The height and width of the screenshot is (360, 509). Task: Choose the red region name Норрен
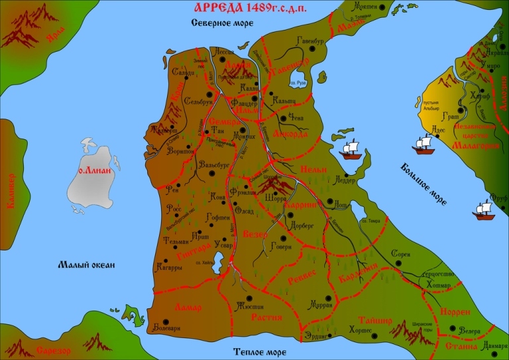click(x=455, y=311)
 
